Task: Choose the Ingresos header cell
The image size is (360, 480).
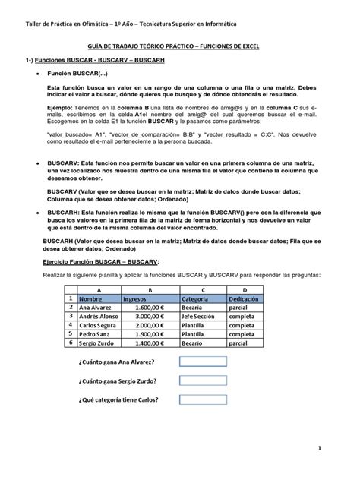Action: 150,298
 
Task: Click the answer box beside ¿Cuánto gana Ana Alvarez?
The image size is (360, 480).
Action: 203,362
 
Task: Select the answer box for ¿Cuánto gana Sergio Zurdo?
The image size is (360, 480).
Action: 203,381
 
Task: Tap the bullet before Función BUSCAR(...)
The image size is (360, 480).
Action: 38,77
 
